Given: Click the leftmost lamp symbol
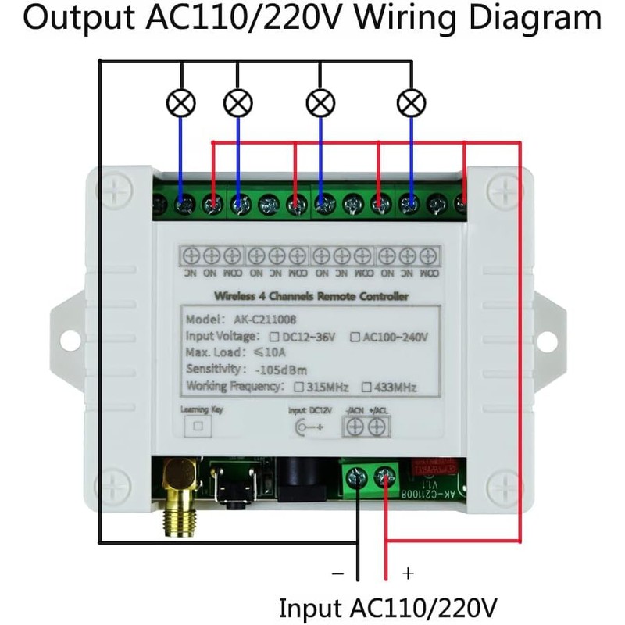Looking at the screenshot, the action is pos(181,102).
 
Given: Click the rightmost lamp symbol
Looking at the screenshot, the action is pos(411,102).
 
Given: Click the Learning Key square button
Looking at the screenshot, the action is pos(198,426).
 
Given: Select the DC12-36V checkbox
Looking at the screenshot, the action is pos(274,337).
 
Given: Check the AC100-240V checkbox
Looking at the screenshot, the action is pos(355,337).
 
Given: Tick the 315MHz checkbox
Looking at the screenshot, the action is pos(298,387).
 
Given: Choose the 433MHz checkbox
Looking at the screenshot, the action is pos(366,387).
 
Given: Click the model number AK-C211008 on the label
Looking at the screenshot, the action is pos(264,320).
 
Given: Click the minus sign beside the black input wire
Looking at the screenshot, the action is pos(337,573).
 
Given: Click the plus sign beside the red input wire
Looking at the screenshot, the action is pos(407,573).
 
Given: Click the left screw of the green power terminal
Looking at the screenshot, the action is pos(357,477).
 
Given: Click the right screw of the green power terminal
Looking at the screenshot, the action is pos(386,477).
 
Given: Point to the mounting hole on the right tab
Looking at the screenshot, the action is pos(557,338).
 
